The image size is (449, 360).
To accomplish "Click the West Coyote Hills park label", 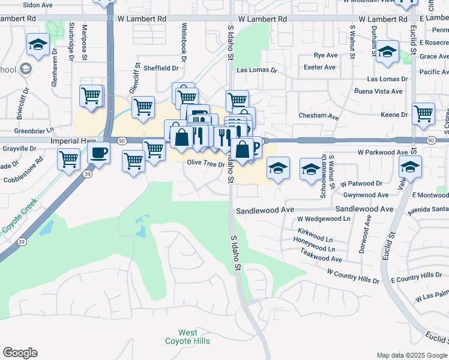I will (187, 337).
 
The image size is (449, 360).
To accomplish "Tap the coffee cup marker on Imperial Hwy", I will (98, 153).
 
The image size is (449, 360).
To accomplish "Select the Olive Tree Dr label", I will (205, 163).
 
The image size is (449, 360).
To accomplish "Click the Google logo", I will (20, 353).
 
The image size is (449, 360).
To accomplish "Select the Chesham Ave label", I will (319, 116).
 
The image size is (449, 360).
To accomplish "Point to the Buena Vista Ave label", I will (378, 91).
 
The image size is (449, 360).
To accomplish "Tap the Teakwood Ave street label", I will (321, 258).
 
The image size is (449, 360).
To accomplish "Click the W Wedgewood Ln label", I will (323, 219).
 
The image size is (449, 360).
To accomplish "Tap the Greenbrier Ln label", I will (34, 130).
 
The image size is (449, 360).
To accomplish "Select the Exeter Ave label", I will (320, 67).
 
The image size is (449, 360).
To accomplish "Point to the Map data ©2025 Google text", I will (412, 355).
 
